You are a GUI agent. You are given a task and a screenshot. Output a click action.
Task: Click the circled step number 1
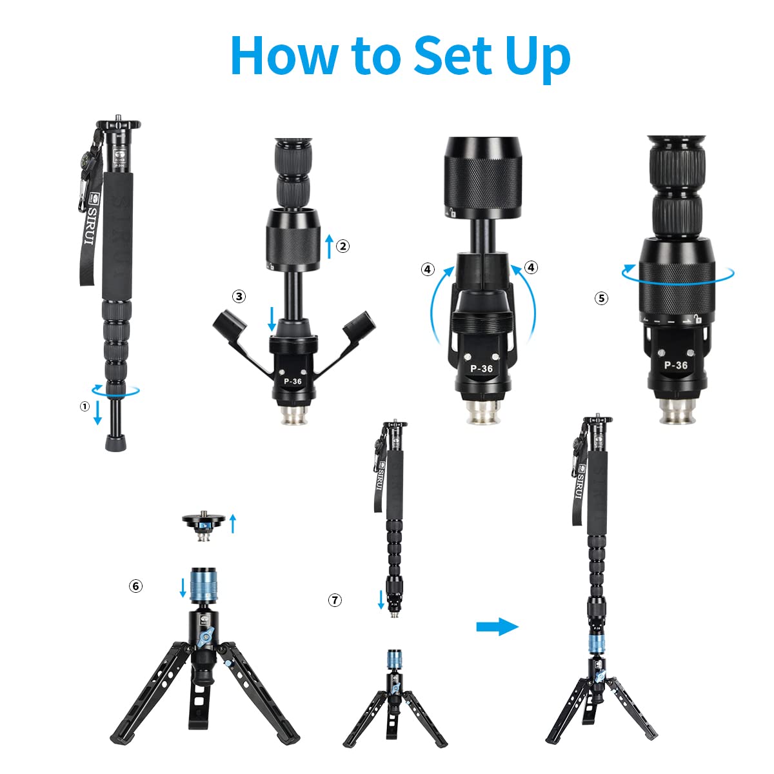pyautogui.click(x=84, y=406)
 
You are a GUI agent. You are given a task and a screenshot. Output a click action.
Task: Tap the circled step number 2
pyautogui.click(x=343, y=246)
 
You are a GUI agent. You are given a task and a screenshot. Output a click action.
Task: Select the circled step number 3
pyautogui.click(x=239, y=297)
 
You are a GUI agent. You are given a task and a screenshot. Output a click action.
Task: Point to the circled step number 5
pyautogui.click(x=602, y=298)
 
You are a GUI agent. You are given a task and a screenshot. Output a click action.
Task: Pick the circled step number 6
pyautogui.click(x=135, y=586)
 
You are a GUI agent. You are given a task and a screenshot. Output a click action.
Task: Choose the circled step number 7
pyautogui.click(x=334, y=600)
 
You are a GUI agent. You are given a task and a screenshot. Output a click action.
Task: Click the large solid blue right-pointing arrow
pyautogui.click(x=497, y=626)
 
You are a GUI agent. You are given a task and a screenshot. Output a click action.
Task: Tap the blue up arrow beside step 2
pyautogui.click(x=329, y=246)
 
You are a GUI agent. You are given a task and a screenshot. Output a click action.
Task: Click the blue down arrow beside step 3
pyautogui.click(x=272, y=319)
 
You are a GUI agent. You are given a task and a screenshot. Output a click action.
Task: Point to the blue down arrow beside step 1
pyautogui.click(x=98, y=412)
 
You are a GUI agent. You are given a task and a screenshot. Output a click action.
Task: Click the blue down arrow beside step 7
pyautogui.click(x=381, y=599)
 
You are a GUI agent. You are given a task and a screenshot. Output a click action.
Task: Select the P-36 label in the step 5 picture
pyautogui.click(x=675, y=365)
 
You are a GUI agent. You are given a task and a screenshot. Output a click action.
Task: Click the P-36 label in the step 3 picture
pyautogui.click(x=293, y=381)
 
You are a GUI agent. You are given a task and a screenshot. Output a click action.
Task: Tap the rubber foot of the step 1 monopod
pyautogui.click(x=116, y=444)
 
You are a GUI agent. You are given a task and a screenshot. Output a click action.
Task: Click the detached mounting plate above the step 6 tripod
pyautogui.click(x=204, y=521)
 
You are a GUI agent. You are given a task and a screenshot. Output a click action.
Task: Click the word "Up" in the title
pyautogui.click(x=538, y=57)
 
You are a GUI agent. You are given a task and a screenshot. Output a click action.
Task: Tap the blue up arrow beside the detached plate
pyautogui.click(x=233, y=523)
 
